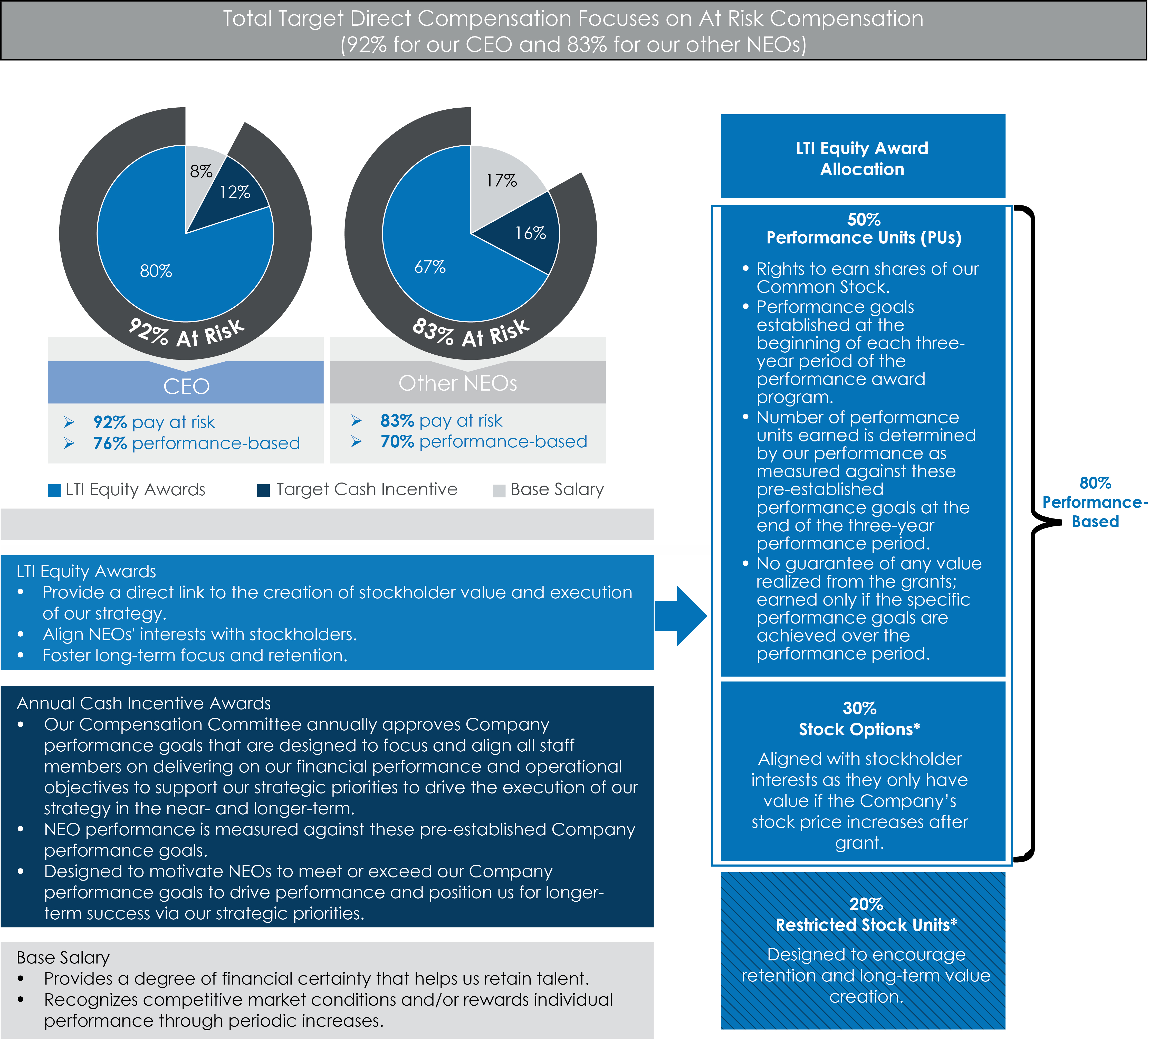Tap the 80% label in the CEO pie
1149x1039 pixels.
156,271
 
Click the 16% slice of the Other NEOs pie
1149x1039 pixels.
530,233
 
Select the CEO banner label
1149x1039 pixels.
186,386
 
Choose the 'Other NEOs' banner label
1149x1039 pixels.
458,383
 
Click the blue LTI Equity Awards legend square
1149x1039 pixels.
54,490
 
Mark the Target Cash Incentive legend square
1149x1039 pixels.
263,490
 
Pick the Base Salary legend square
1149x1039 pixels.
499,490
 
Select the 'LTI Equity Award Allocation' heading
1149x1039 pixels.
862,158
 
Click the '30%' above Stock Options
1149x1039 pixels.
859,708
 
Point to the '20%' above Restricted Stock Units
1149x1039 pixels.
866,904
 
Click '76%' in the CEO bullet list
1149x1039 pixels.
110,443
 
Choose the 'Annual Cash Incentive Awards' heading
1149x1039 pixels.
144,703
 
